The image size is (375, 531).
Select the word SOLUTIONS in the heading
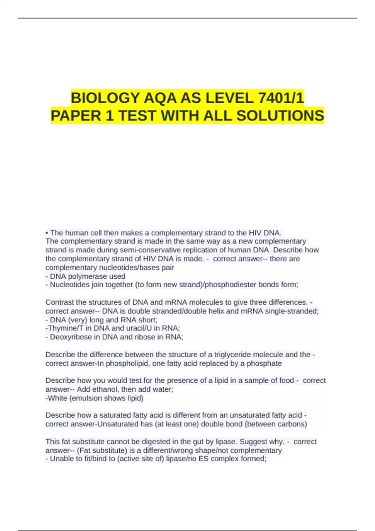(x=280, y=116)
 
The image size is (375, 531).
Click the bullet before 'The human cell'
(x=47, y=233)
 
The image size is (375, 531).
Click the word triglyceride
(x=233, y=355)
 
